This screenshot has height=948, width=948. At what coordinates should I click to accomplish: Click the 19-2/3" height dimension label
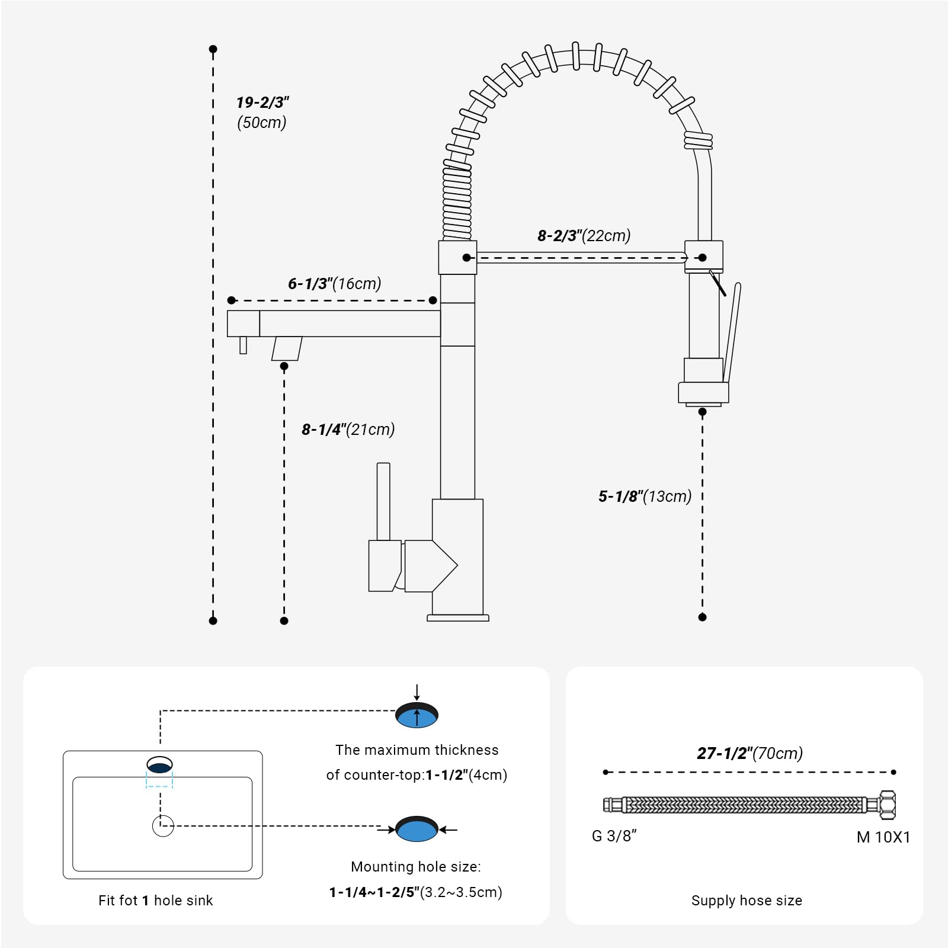(x=262, y=103)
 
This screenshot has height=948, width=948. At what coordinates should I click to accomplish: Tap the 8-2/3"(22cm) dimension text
(x=584, y=236)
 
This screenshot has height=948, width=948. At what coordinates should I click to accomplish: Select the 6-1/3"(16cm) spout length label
(x=334, y=284)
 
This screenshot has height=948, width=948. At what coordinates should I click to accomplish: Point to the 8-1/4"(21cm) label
(x=348, y=430)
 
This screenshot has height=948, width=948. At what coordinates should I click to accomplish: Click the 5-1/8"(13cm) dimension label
(x=645, y=497)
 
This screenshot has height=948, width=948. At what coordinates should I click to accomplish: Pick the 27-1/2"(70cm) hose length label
(x=750, y=754)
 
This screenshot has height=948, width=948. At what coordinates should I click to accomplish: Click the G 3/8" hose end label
(x=614, y=836)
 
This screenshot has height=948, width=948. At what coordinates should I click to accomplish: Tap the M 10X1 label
(x=883, y=837)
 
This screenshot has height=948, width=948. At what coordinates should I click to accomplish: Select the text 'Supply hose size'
(x=747, y=901)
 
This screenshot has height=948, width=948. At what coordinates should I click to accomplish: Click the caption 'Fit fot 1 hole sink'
(x=155, y=901)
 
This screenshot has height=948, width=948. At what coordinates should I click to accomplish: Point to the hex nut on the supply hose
(x=887, y=805)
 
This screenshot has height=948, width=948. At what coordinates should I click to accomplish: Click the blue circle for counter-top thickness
(x=417, y=718)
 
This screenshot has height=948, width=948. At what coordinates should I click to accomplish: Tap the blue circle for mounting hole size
(x=417, y=830)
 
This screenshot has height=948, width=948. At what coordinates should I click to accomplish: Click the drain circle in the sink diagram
(x=163, y=826)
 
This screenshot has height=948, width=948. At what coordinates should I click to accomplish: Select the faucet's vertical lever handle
(x=383, y=501)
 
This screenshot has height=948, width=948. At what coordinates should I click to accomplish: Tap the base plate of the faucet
(x=458, y=618)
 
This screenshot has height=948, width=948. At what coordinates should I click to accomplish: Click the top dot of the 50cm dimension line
(x=213, y=49)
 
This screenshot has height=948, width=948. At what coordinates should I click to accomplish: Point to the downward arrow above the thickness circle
(x=417, y=692)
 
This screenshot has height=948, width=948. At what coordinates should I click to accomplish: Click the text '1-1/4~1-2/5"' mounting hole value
(x=374, y=892)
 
